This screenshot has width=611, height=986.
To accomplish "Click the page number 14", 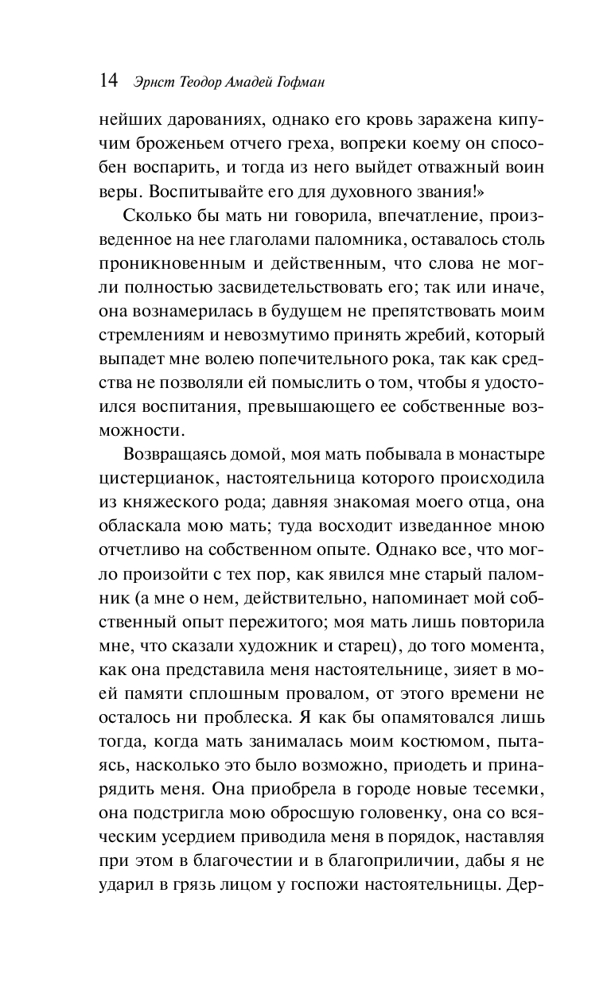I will pos(108,81).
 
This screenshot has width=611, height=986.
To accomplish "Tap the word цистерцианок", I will pos(147,479).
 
